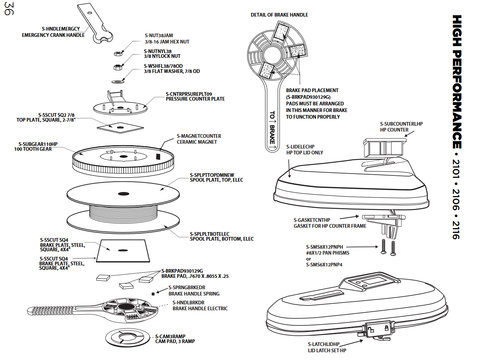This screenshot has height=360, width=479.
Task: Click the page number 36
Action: (9, 9)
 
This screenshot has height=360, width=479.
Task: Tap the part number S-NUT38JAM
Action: (159, 35)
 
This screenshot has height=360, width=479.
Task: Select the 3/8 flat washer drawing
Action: (117, 81)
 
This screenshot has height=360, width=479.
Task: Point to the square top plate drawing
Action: (120, 127)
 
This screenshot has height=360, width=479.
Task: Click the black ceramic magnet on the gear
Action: (158, 156)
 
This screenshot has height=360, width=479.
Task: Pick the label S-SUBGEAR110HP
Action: (38, 144)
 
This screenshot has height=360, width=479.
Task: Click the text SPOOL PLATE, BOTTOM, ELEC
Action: (222, 239)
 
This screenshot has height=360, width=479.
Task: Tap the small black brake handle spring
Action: (153, 294)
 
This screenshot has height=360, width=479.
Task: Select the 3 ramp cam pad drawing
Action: (127, 337)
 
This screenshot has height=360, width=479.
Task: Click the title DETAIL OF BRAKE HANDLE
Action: (279, 15)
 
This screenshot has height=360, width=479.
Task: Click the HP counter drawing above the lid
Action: (383, 147)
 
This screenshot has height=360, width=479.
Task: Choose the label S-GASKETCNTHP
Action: (312, 220)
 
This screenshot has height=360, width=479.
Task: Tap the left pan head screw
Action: (383, 246)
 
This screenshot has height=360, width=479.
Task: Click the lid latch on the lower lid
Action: (378, 329)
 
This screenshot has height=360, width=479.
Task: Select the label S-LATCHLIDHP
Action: (324, 344)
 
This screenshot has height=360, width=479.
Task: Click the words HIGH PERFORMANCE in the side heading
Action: (457, 81)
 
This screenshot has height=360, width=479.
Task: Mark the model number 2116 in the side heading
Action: (456, 230)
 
